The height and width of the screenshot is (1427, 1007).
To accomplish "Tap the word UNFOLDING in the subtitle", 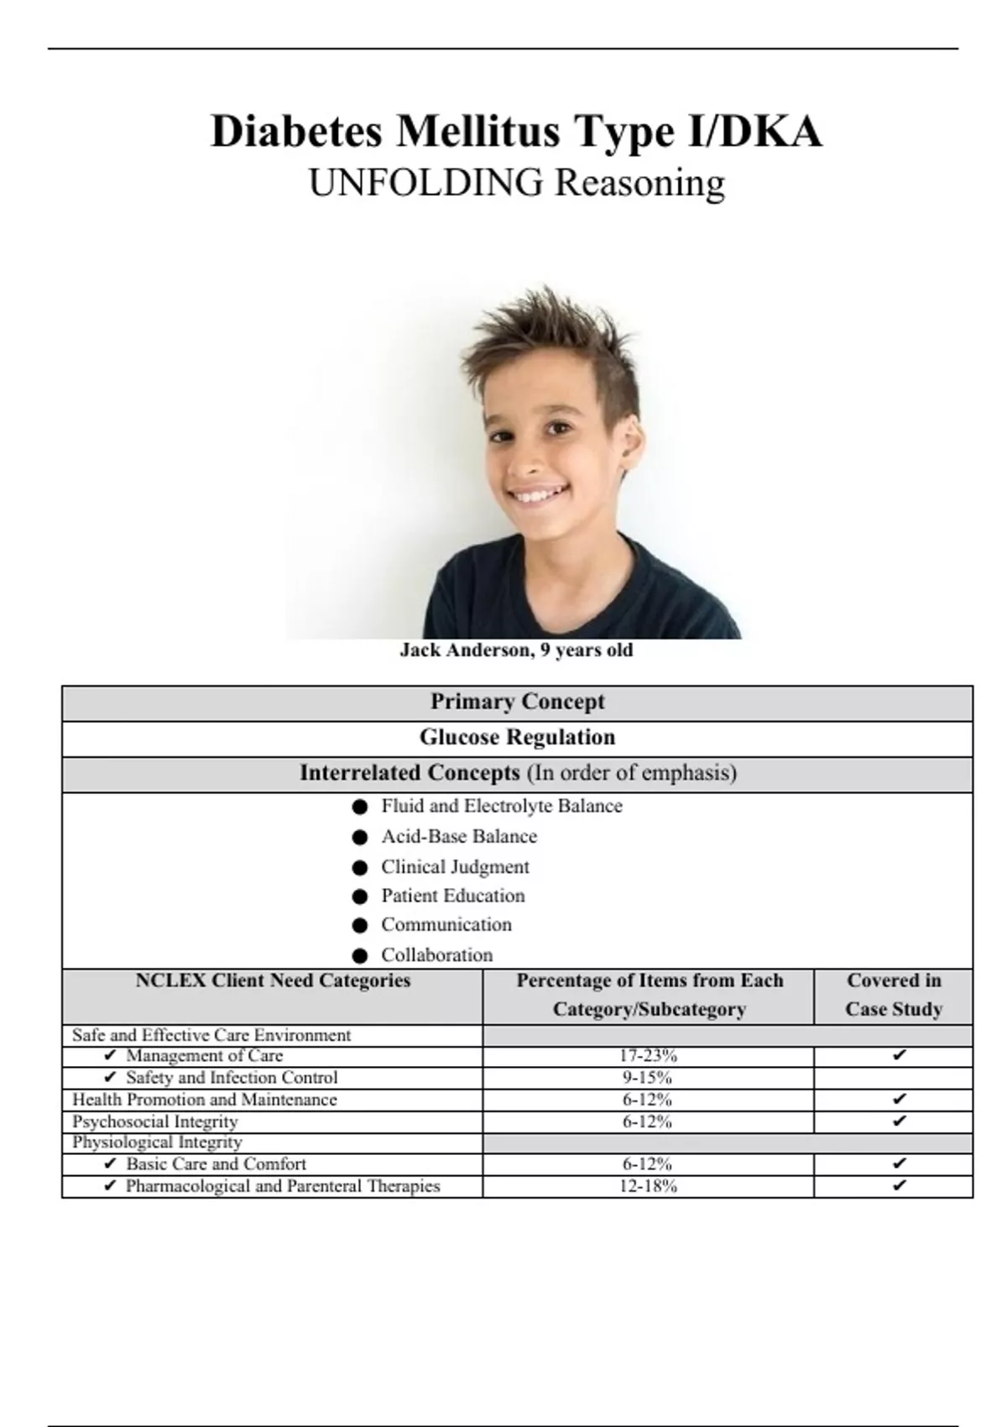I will (x=426, y=183).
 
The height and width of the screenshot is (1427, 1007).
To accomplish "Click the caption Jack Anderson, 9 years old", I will (x=516, y=651).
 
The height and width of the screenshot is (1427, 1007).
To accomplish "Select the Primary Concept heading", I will (x=517, y=702).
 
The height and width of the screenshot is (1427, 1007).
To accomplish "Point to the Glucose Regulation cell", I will (x=517, y=738).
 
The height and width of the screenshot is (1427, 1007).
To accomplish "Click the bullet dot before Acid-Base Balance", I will (x=360, y=837).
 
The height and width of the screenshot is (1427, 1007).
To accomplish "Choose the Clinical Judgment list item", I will (x=455, y=866).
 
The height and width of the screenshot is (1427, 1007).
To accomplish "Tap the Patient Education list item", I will (x=452, y=896).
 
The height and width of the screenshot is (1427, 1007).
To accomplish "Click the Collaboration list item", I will (x=436, y=955).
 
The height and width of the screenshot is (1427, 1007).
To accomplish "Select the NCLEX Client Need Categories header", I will (x=273, y=980).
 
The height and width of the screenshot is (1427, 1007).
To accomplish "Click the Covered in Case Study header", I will (x=894, y=995).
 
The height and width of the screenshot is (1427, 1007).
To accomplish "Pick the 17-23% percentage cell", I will (x=648, y=1056).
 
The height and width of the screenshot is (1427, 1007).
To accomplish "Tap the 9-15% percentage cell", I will (x=648, y=1078).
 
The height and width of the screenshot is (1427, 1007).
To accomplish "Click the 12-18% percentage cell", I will (x=648, y=1186).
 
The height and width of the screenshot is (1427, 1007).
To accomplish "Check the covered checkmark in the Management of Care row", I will (x=899, y=1056).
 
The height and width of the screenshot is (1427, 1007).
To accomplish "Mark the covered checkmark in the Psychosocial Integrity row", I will (x=899, y=1121).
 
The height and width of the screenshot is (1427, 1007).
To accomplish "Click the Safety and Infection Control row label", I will (x=232, y=1078).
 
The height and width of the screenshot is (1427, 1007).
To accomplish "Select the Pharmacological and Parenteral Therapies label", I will (x=283, y=1186).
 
